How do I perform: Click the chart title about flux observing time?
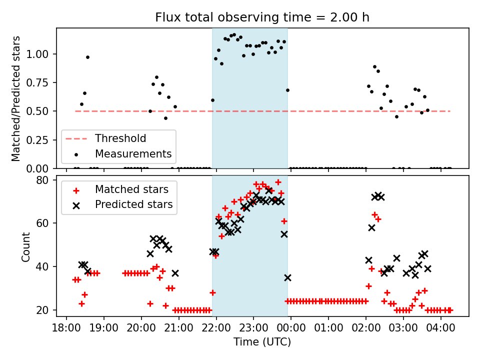[x=262, y=18]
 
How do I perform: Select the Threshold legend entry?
[x=120, y=138]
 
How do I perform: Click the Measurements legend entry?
[x=133, y=153]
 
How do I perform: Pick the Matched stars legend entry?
[x=131, y=189]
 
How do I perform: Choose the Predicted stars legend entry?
[x=133, y=204]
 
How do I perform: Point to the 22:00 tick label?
[x=216, y=329]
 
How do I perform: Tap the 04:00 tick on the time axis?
[x=440, y=329]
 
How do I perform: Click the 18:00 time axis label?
[x=66, y=329]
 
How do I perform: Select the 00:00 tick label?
[x=291, y=329]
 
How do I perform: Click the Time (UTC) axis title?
[x=262, y=342]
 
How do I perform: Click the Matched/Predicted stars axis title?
[x=16, y=98]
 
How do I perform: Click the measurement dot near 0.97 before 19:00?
[x=87, y=57]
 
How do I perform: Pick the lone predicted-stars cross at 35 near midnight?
[x=287, y=277]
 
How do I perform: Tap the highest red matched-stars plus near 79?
[x=278, y=182]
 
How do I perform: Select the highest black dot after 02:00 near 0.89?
[x=374, y=66]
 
